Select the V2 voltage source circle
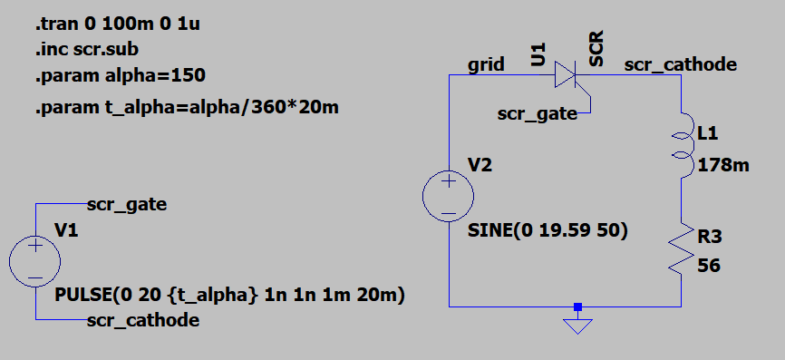[449, 196]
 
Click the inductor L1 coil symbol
[683, 145]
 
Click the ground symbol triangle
[577, 324]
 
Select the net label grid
[487, 65]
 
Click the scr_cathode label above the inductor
[680, 65]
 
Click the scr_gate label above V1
[127, 204]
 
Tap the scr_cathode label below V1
[143, 320]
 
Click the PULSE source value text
[229, 295]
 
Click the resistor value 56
[709, 267]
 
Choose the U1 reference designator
[538, 56]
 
